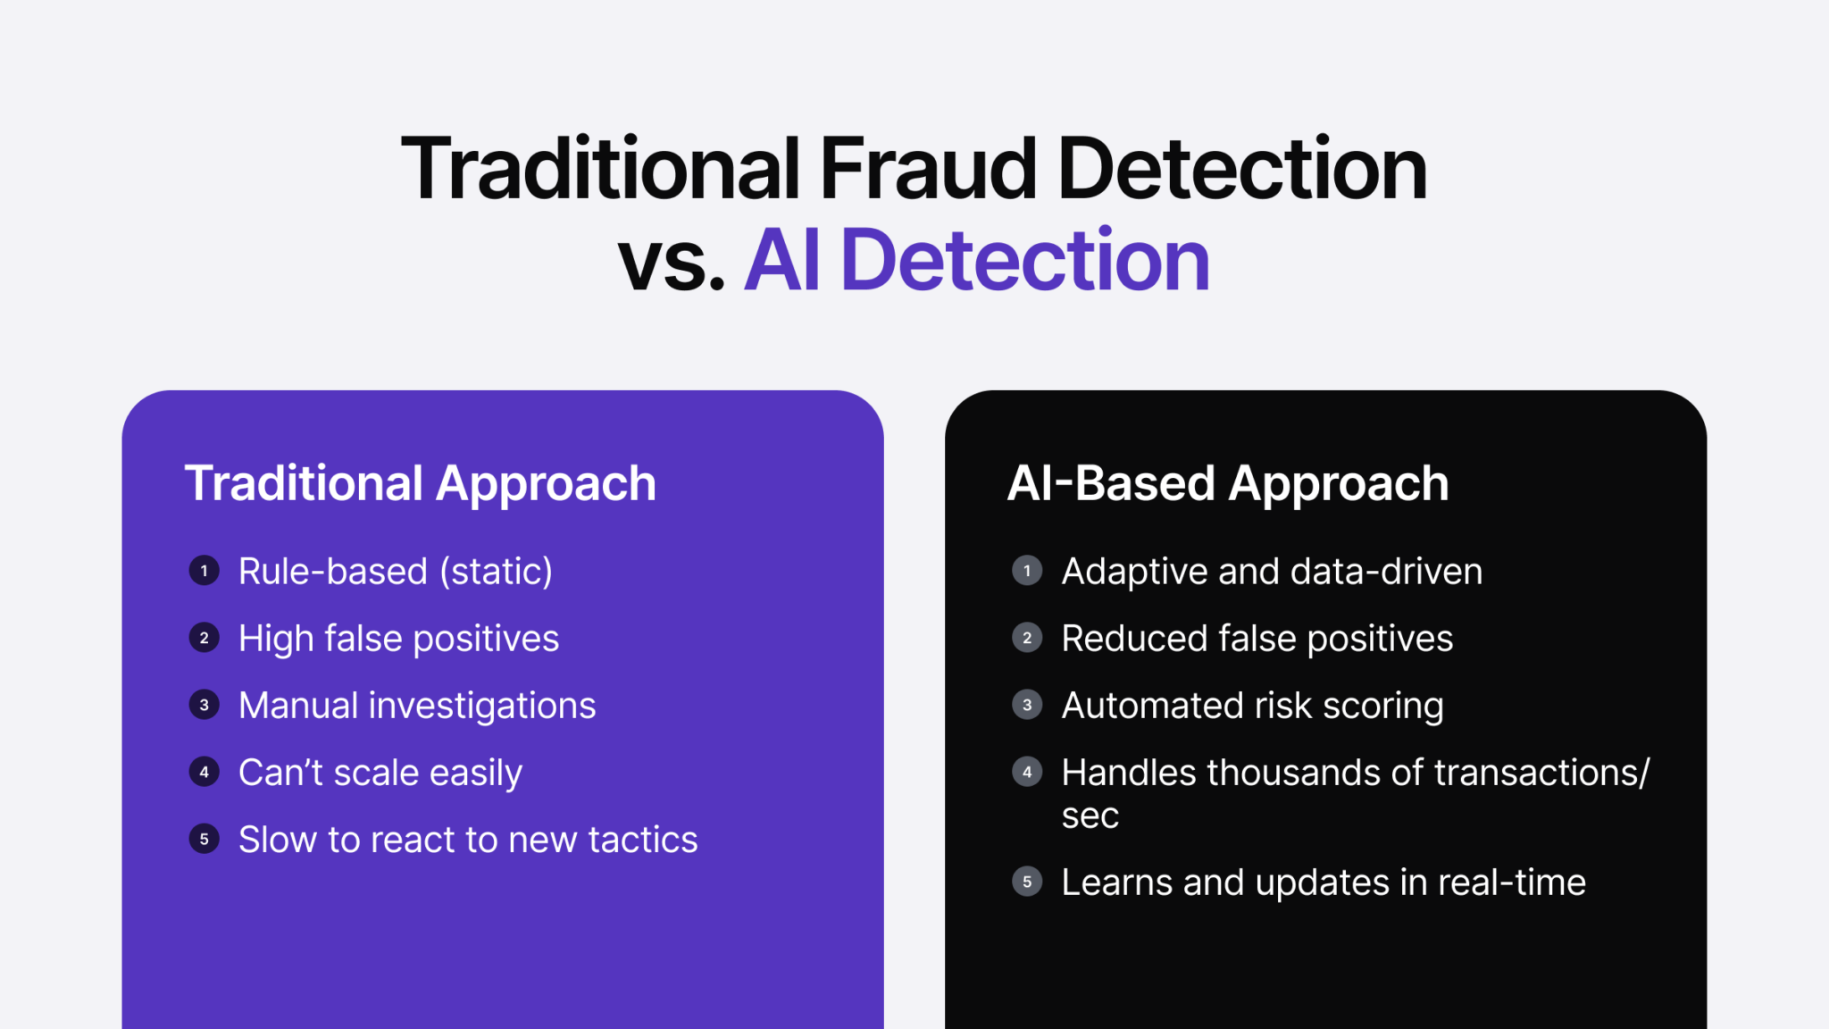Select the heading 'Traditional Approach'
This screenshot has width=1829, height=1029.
[420, 483]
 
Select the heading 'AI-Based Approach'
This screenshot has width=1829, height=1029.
[1227, 483]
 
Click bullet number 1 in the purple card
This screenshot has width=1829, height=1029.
[205, 571]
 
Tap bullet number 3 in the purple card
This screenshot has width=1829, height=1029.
[205, 705]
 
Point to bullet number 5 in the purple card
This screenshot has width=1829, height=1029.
[205, 839]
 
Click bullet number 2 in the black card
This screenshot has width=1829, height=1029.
[1027, 638]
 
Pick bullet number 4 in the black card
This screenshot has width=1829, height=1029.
[1027, 772]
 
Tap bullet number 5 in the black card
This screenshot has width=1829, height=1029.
[1027, 882]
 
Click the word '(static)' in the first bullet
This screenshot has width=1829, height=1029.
[496, 572]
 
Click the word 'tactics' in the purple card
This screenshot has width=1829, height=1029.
[643, 840]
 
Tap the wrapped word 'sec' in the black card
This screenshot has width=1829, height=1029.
[1090, 816]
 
